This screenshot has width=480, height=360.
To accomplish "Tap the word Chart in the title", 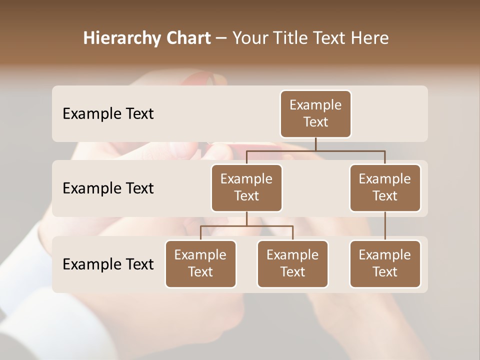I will [189, 38].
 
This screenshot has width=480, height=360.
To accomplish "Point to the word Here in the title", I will [370, 38].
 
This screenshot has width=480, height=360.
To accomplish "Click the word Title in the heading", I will [290, 38].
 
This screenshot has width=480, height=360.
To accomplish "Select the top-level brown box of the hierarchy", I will [315, 114].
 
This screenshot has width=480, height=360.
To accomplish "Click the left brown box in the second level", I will [246, 188].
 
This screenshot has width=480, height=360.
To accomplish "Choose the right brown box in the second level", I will [385, 188].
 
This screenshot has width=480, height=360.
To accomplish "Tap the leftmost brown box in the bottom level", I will [200, 264].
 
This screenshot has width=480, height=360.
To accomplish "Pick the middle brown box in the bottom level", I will [292, 264].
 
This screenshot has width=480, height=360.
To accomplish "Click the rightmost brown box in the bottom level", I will [385, 264].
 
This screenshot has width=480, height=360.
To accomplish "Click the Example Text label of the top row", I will [108, 114].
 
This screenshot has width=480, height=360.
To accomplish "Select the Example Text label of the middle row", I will [108, 188].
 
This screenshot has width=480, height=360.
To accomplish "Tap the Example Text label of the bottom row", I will [108, 264].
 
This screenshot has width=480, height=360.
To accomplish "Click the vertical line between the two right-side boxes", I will [385, 226].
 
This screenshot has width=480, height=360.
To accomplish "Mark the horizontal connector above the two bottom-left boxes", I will [246, 226].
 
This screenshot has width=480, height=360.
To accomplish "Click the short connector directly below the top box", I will [315, 144].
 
